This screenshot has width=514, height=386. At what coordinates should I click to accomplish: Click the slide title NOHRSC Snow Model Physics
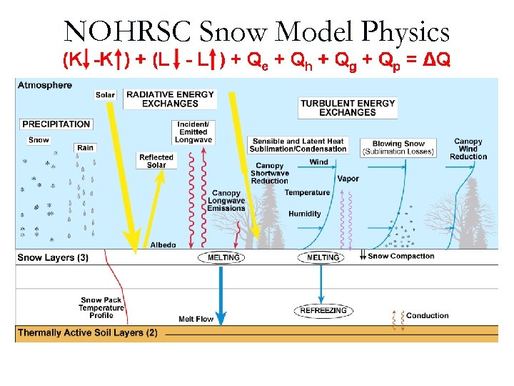pos(256,31)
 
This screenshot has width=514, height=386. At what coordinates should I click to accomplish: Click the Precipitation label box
pos(56,124)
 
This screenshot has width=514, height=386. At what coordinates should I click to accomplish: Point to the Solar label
pos(105,95)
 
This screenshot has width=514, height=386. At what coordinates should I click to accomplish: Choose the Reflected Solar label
pos(156,162)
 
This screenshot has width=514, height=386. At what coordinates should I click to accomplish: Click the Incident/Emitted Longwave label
pos(193,132)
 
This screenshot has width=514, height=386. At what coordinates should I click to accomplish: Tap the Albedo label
pos(163,245)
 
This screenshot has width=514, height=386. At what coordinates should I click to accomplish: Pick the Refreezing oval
pos(323,311)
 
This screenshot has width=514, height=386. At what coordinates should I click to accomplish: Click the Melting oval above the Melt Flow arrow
pos(223,257)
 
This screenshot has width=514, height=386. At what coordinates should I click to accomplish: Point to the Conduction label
pos(427,315)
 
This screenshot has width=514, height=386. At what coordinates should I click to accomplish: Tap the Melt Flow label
pos(196,319)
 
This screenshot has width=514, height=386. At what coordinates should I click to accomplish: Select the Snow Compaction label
pos(400,256)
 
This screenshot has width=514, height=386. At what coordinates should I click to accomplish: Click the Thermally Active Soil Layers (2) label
pos(88,333)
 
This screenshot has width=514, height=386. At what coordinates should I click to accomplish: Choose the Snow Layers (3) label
pos(53,257)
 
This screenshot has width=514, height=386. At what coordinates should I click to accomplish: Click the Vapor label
pos(348,179)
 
